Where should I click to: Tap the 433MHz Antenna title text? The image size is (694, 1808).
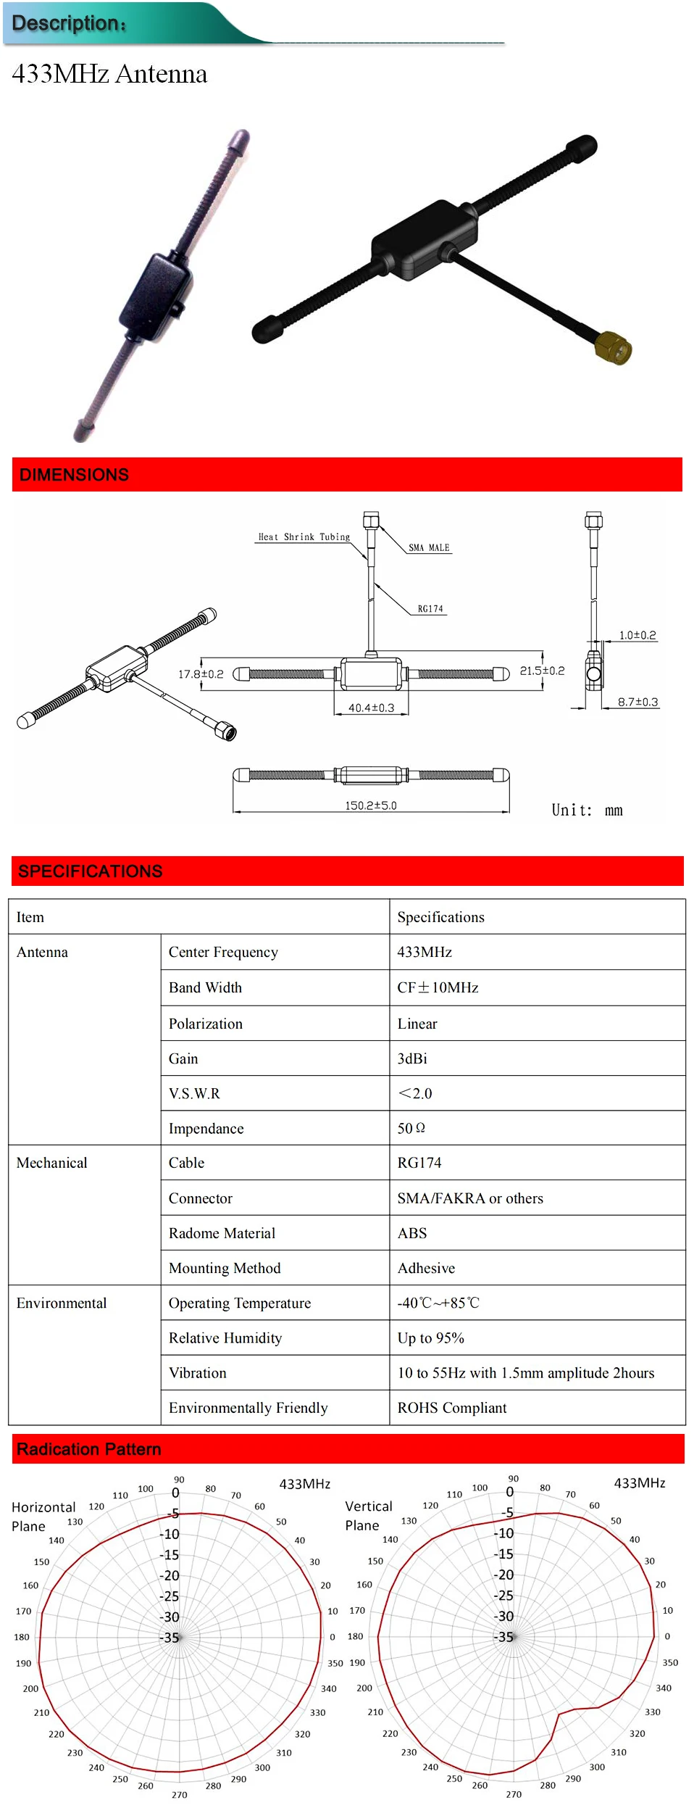point(109,74)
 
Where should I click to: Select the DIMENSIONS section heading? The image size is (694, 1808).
point(74,475)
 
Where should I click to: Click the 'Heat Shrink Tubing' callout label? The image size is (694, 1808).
point(304,537)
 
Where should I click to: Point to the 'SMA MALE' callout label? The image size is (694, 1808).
point(429,548)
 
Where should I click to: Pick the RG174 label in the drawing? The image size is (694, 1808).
point(430,609)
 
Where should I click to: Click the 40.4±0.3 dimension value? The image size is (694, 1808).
point(371,708)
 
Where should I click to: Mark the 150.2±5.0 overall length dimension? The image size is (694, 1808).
point(370,805)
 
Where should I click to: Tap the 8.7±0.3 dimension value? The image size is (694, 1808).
point(637,702)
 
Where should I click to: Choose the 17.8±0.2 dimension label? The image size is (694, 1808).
point(201,674)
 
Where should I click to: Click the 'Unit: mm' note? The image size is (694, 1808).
point(587,810)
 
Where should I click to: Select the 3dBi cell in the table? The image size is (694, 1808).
point(412,1058)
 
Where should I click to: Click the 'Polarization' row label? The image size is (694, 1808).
point(206,1024)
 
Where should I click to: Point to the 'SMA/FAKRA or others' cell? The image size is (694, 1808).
point(470,1198)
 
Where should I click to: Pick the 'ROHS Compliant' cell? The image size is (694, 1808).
point(452,1408)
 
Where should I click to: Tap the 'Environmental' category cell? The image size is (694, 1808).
point(62,1303)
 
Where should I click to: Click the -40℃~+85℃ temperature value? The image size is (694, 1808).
point(438,1303)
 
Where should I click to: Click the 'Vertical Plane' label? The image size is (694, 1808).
point(368,1516)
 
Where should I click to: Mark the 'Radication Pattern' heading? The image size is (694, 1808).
point(88,1449)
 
